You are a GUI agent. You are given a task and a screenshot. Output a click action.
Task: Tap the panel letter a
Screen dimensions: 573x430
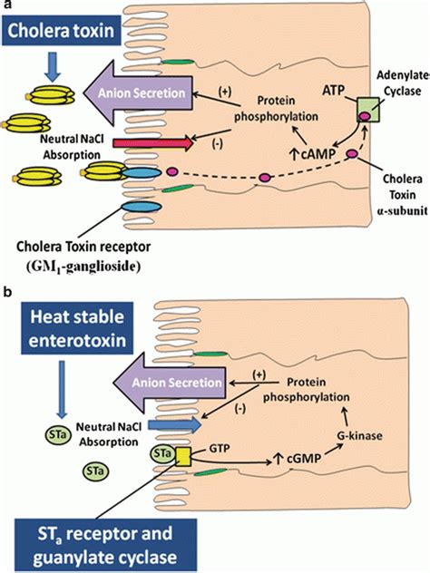tap(5, 6)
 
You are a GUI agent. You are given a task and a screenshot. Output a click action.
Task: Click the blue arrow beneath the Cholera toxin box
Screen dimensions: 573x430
tap(54, 63)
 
